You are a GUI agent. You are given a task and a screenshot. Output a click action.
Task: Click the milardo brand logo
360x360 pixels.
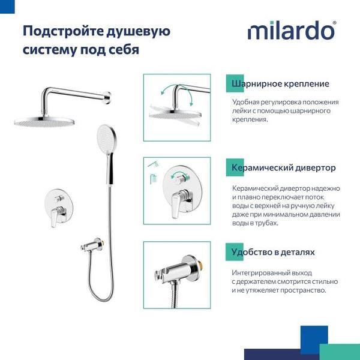(x=292, y=30)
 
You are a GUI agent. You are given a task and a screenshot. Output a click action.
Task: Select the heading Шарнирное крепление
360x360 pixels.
(x=280, y=83)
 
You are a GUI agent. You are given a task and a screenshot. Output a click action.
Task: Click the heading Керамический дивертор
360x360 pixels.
(x=283, y=167)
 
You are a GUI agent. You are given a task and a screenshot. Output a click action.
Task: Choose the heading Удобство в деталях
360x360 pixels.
(x=273, y=252)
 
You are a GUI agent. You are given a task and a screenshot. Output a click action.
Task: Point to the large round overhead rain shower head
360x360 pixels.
(x=44, y=122)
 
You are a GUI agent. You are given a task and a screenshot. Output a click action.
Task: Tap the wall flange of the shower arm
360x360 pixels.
(x=107, y=98)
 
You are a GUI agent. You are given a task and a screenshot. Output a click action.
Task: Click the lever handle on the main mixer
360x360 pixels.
(x=55, y=217)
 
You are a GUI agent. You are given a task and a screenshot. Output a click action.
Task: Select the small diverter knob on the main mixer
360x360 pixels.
(x=59, y=199)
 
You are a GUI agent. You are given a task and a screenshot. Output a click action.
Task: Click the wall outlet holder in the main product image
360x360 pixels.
(x=93, y=245)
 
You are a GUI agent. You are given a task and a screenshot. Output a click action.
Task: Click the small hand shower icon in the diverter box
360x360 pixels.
(x=154, y=164)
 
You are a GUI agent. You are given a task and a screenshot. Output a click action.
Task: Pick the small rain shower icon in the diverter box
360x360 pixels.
(x=154, y=179)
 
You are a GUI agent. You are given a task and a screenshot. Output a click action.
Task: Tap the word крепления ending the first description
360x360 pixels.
(x=250, y=119)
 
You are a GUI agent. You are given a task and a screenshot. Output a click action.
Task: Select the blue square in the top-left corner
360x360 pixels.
(x=7, y=7)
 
